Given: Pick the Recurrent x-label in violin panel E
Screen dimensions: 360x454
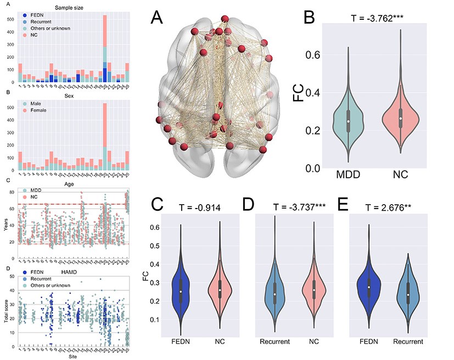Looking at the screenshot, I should [x=407, y=342].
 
